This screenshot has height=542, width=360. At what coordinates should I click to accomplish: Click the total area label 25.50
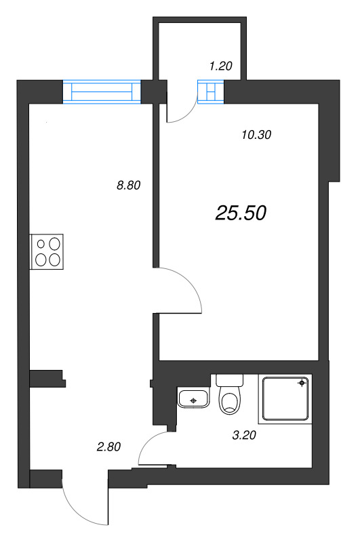click(241, 213)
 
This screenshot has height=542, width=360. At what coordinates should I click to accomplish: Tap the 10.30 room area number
click(256, 134)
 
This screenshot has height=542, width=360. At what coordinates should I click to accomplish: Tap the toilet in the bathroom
click(230, 400)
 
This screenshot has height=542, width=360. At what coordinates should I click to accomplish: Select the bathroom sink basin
click(194, 398)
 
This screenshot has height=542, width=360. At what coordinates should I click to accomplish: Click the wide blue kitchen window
click(101, 91)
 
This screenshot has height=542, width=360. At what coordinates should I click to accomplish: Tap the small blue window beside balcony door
click(210, 91)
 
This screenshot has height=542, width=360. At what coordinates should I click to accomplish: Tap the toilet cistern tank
click(229, 381)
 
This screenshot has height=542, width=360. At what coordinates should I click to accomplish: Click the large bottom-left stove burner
click(41, 258)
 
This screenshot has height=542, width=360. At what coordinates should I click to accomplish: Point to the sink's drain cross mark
click(194, 400)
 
